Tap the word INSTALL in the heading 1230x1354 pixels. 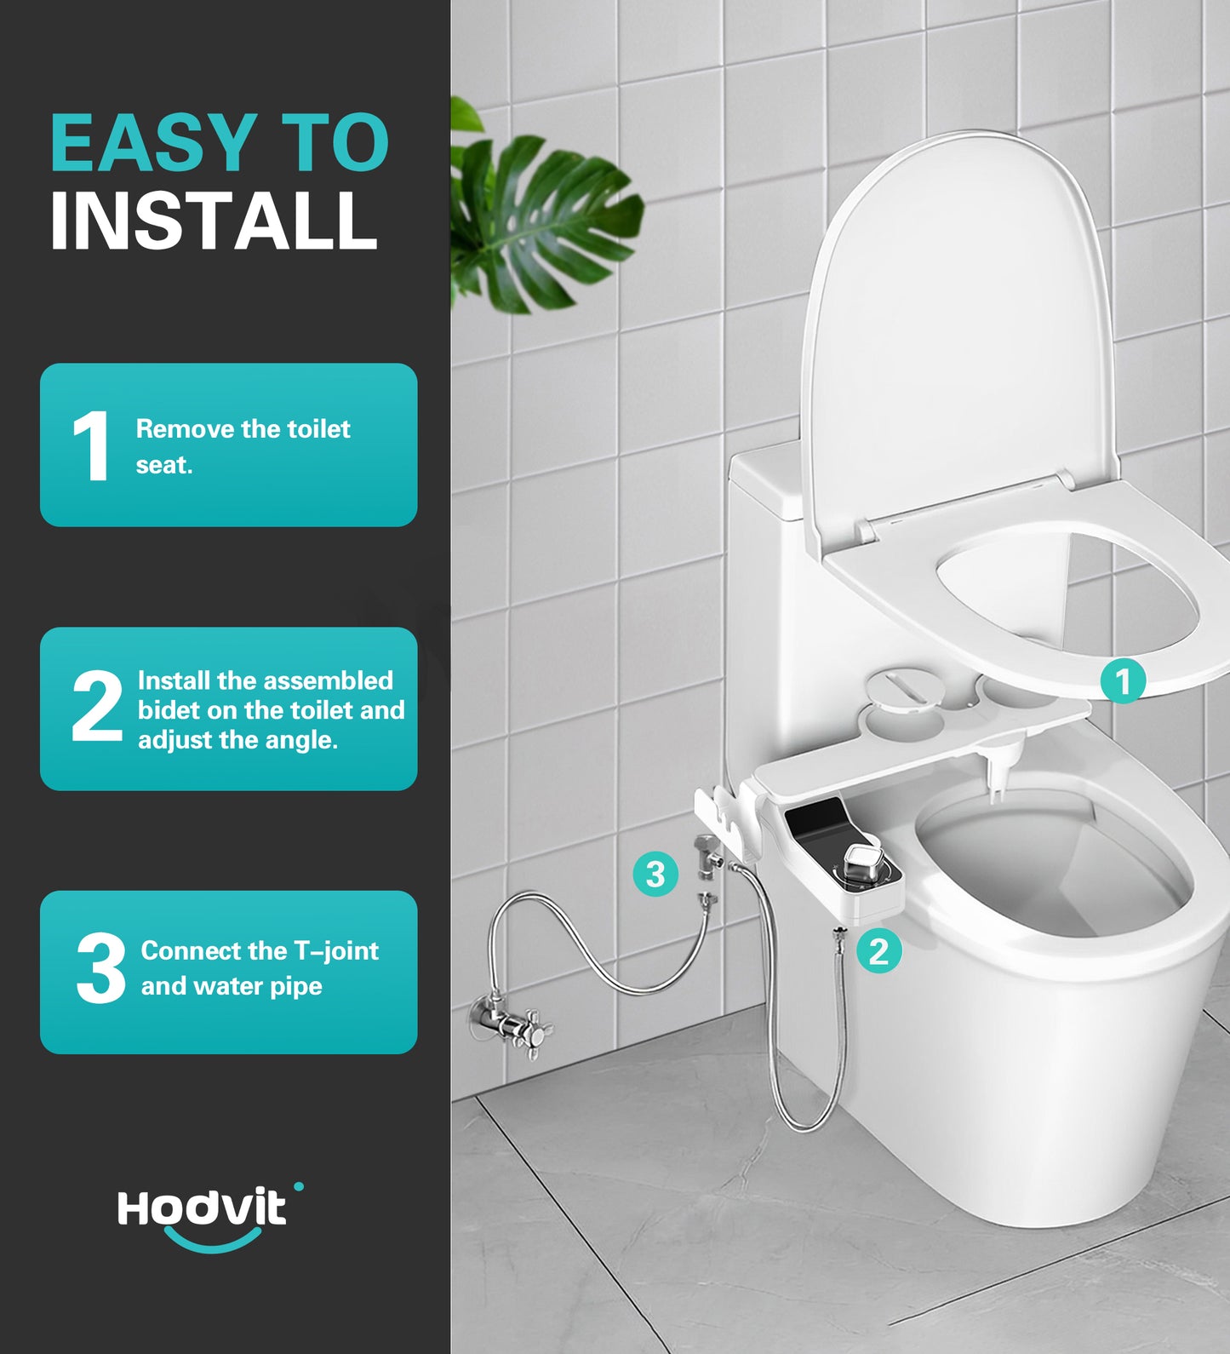pyautogui.click(x=213, y=221)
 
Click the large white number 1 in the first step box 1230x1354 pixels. pyautogui.click(x=90, y=446)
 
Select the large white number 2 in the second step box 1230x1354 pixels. pyautogui.click(x=96, y=705)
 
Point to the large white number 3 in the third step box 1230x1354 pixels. pyautogui.click(x=100, y=968)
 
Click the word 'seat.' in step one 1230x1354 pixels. pyautogui.click(x=164, y=465)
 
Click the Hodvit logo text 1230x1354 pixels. pyautogui.click(x=202, y=1209)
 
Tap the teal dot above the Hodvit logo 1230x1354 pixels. pyautogui.click(x=298, y=1186)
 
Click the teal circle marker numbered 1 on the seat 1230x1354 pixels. pyautogui.click(x=1122, y=681)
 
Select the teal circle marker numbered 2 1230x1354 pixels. pyautogui.click(x=878, y=950)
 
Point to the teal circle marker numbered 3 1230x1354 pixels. pyautogui.click(x=655, y=874)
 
